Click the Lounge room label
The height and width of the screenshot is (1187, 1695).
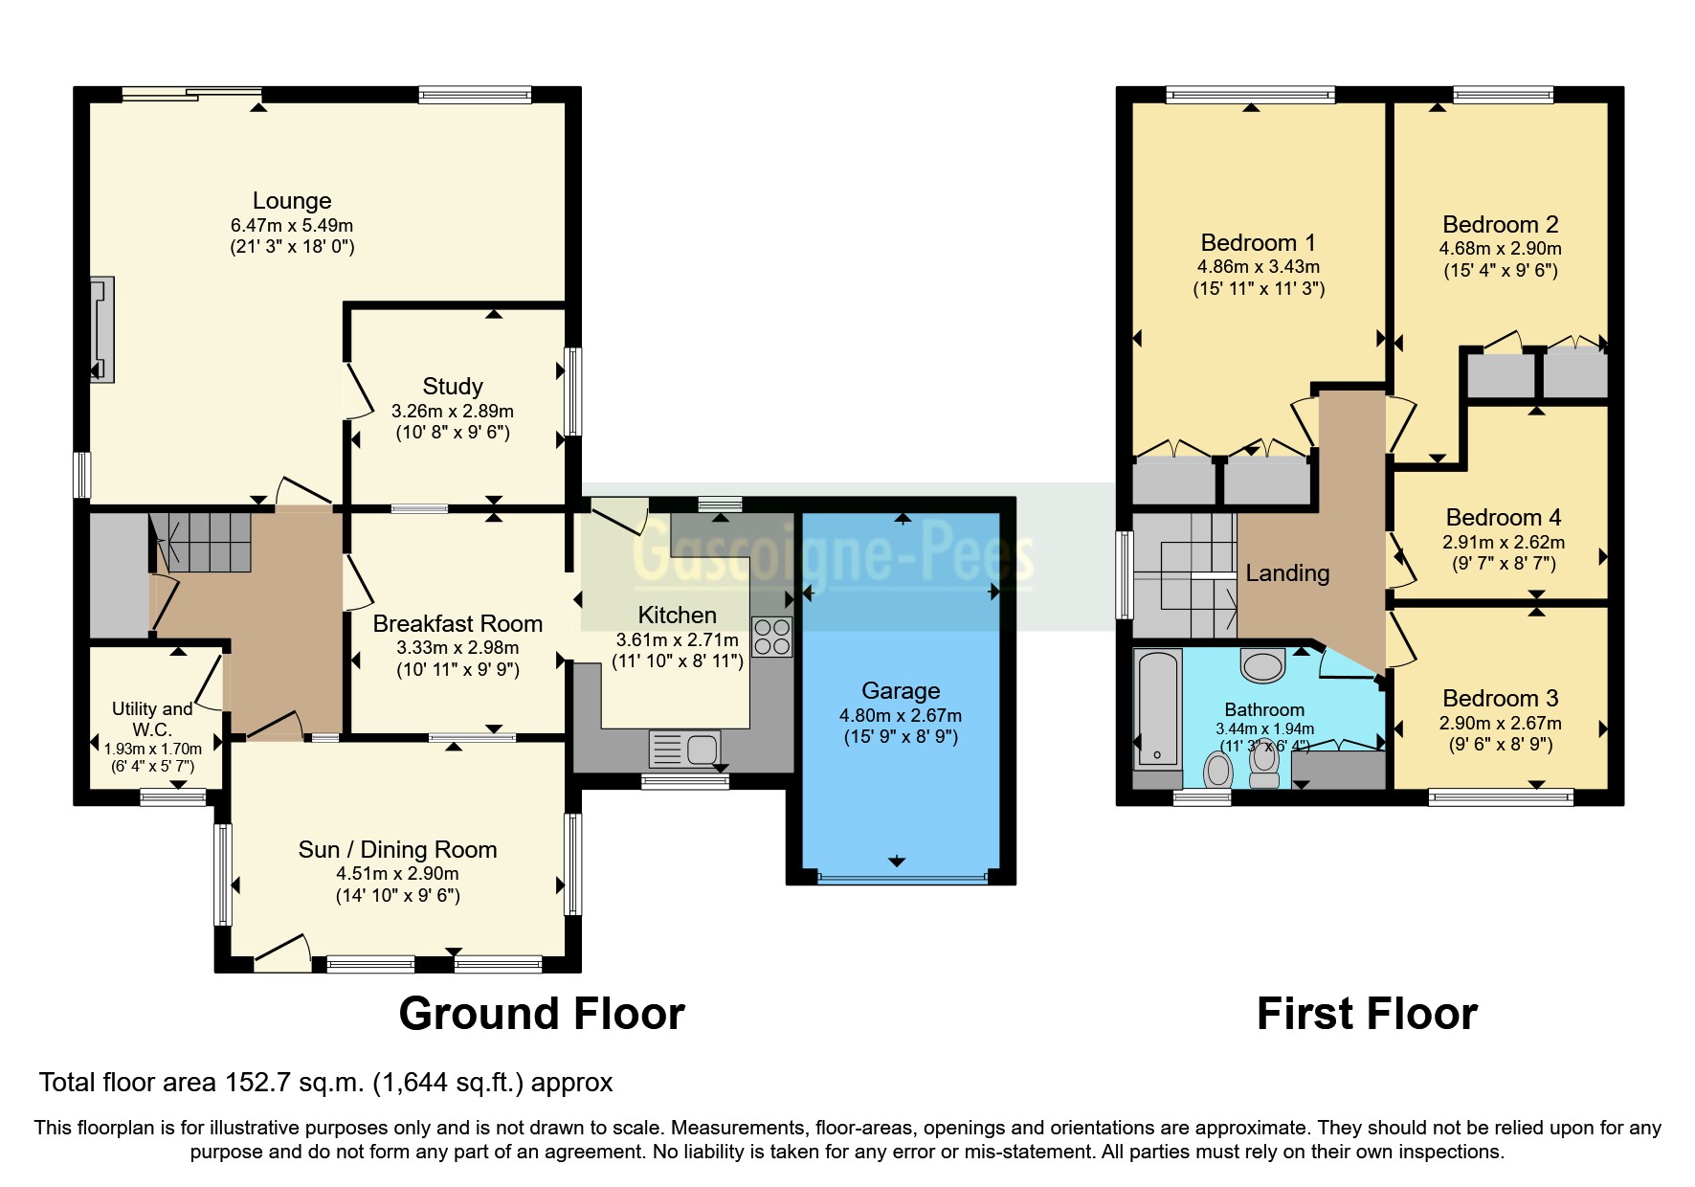pyautogui.click(x=292, y=201)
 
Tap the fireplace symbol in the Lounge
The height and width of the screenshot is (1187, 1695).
pyautogui.click(x=102, y=329)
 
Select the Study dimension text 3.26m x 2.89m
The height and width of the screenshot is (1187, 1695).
pyautogui.click(x=453, y=412)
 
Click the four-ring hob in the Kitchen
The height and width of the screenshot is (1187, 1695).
pyautogui.click(x=771, y=637)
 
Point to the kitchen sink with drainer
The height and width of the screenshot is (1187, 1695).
pyautogui.click(x=684, y=750)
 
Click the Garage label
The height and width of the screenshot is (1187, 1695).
pyautogui.click(x=901, y=691)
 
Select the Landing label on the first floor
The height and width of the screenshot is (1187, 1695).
pyautogui.click(x=1287, y=573)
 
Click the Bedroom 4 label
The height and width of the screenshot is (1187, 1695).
pyautogui.click(x=1503, y=518)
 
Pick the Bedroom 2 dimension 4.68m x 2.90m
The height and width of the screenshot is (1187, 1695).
pyautogui.click(x=1500, y=249)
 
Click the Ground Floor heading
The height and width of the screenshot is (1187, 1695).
pyautogui.click(x=542, y=1014)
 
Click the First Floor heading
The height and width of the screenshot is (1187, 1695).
pyautogui.click(x=1367, y=1014)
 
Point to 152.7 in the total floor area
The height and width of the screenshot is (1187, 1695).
pyautogui.click(x=257, y=1083)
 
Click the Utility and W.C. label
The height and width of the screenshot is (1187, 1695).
pyautogui.click(x=152, y=719)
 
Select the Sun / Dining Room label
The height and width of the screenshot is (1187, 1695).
pyautogui.click(x=397, y=850)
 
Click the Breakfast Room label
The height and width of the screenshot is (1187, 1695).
pyautogui.click(x=457, y=624)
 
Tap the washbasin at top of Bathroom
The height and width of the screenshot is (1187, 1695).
pyautogui.click(x=1262, y=665)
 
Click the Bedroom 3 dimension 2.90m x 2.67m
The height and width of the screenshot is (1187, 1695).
pyautogui.click(x=1500, y=724)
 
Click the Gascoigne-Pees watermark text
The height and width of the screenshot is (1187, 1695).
pyautogui.click(x=833, y=555)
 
